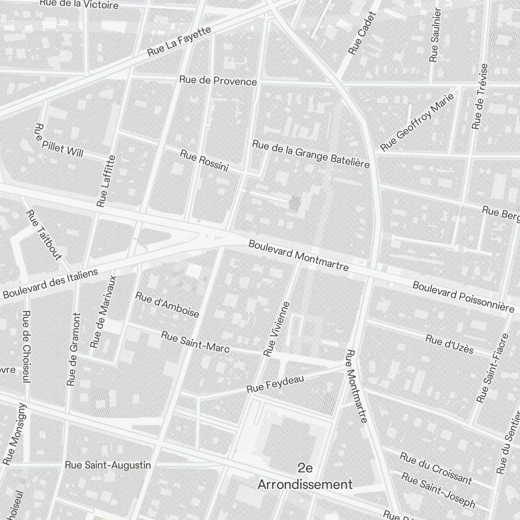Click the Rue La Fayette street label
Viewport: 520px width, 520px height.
point(179,41)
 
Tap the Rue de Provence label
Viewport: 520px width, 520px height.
point(218,81)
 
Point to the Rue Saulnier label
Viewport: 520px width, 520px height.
point(434,35)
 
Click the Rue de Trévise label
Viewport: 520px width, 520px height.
point(480,97)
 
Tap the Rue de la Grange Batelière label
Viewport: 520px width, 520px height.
point(310,154)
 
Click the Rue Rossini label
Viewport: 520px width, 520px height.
point(204,160)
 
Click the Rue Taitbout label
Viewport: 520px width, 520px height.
point(44,235)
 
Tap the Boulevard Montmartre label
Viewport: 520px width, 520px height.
point(298,256)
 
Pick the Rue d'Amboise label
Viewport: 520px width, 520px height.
point(167,305)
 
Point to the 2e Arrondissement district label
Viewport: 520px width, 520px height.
point(306,476)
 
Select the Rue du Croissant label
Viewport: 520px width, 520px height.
point(435,468)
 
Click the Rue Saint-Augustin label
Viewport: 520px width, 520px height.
point(108,465)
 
